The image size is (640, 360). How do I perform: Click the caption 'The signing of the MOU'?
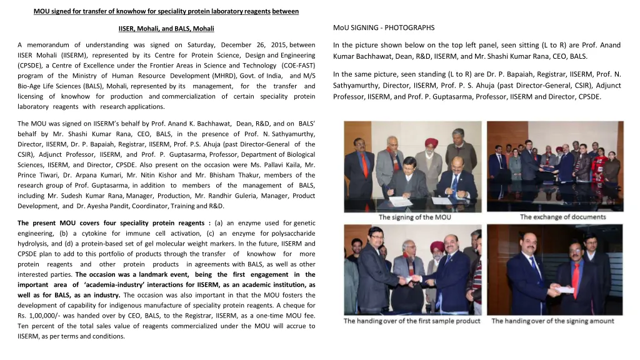414,217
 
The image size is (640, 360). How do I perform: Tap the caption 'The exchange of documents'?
562,217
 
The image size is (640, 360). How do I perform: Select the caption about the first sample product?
412,321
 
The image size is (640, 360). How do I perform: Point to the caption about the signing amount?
552,321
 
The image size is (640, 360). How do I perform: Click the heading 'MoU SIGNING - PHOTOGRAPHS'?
384,27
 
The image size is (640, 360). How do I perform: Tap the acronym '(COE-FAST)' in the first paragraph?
298,65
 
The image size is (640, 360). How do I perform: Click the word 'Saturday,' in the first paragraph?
196,45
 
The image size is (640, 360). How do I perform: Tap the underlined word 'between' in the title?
286,11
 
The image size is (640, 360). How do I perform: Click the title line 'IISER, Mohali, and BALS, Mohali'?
166,29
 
